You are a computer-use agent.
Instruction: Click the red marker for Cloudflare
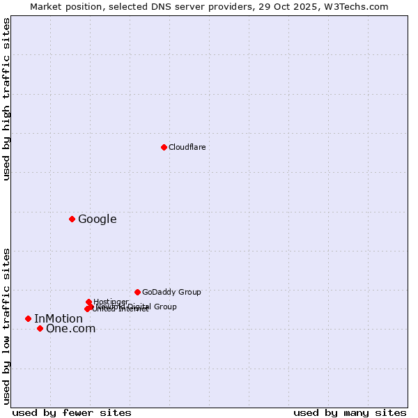(x=164, y=147)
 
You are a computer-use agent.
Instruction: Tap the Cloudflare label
(x=187, y=148)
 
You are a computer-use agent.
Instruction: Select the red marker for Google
(x=72, y=219)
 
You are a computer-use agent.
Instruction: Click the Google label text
(x=97, y=219)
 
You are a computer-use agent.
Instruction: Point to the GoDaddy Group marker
(x=137, y=292)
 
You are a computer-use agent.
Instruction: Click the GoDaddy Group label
(x=171, y=293)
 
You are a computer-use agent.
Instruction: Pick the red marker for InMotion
(x=28, y=318)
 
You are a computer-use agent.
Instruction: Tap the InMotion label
(x=59, y=319)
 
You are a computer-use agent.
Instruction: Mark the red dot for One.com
(x=40, y=328)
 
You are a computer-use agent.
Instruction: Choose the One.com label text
(x=70, y=329)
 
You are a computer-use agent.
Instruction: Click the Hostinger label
(x=111, y=302)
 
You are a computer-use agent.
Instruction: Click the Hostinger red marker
(x=88, y=302)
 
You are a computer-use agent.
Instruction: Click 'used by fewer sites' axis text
(x=72, y=412)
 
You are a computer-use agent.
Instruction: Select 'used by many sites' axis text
(x=350, y=412)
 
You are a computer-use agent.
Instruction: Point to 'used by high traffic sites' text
(x=6, y=100)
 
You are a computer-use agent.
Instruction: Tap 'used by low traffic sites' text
(x=6, y=325)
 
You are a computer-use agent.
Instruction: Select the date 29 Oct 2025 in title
(x=294, y=6)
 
